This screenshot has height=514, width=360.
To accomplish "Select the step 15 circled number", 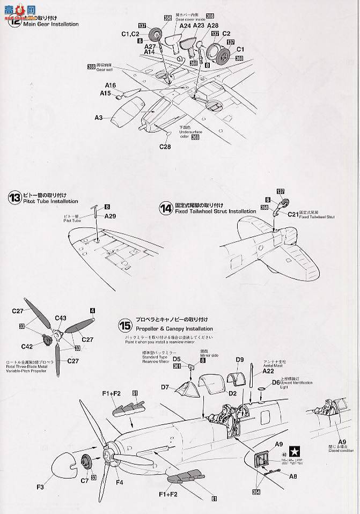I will pyautogui.click(x=125, y=325).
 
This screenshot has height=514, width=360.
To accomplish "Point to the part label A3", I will pyautogui.click(x=99, y=116).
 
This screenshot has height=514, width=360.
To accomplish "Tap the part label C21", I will pyautogui.click(x=292, y=214).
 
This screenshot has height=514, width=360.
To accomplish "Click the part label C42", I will pyautogui.click(x=27, y=346).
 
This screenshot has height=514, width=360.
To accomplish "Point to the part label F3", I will pyautogui.click(x=41, y=487).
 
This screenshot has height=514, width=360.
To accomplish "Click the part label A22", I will pyautogui.click(x=269, y=371).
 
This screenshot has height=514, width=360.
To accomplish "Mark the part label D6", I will pyautogui.click(x=276, y=382).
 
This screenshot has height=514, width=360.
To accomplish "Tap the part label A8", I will pyautogui.click(x=293, y=475).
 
